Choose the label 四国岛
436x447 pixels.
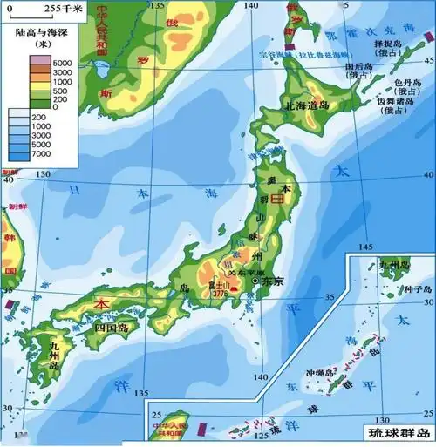pos(111,328)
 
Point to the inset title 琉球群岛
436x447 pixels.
pos(399,433)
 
